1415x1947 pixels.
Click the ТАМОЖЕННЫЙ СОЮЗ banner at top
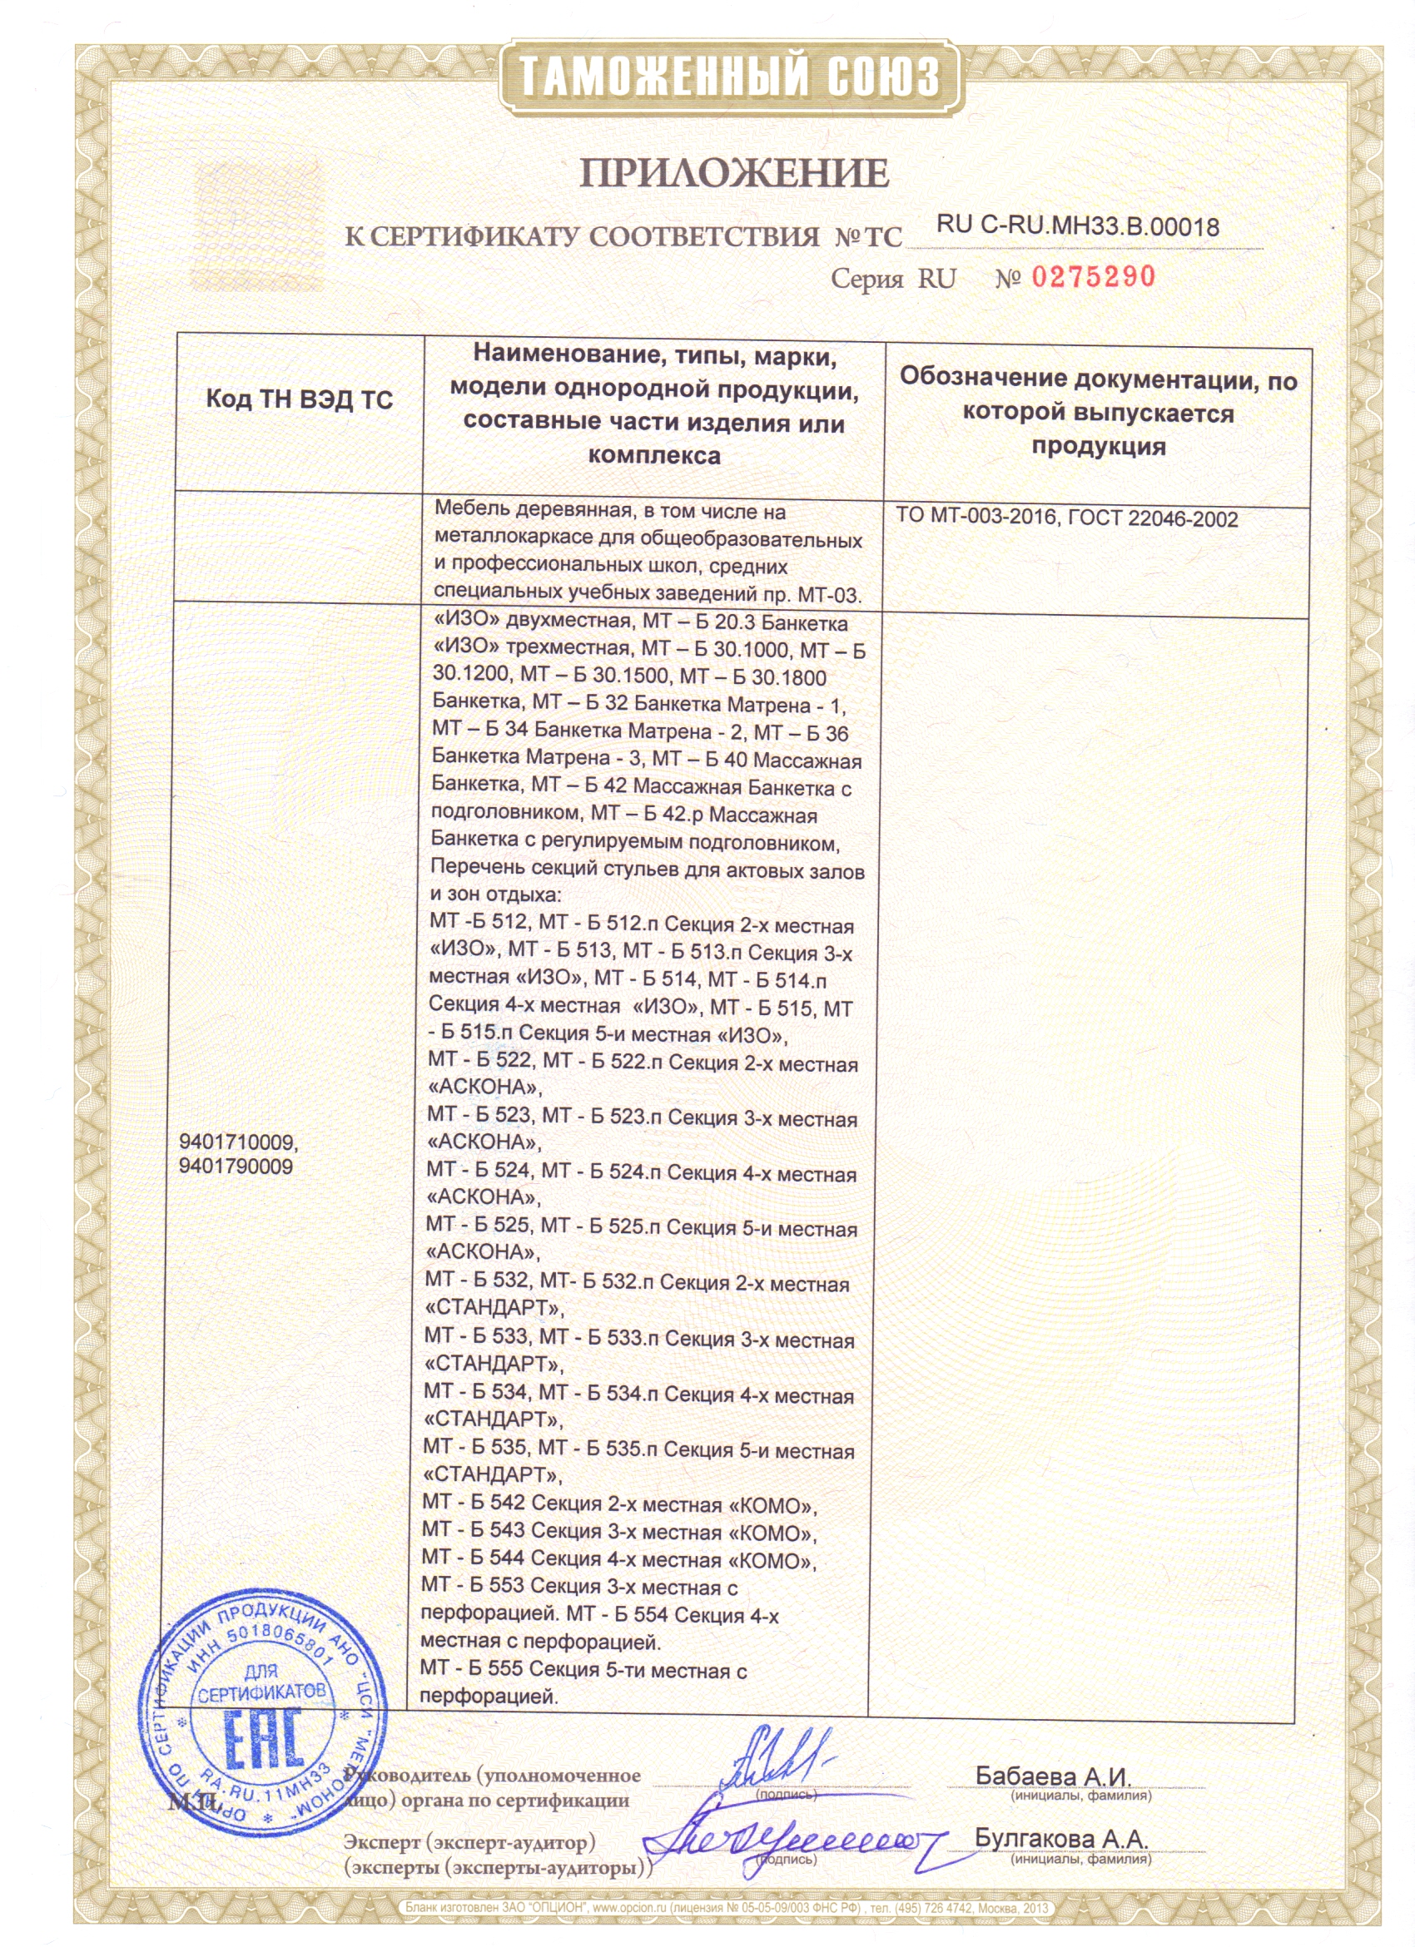tap(731, 77)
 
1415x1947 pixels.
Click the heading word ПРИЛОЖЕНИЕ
tap(734, 173)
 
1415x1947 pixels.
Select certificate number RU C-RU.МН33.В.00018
tap(1078, 225)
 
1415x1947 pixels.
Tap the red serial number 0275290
tap(1093, 277)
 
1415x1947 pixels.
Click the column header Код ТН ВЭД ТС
tap(299, 399)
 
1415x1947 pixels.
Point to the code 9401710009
tap(238, 1142)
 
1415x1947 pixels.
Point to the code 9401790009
tap(236, 1167)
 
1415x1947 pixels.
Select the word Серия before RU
tap(866, 279)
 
